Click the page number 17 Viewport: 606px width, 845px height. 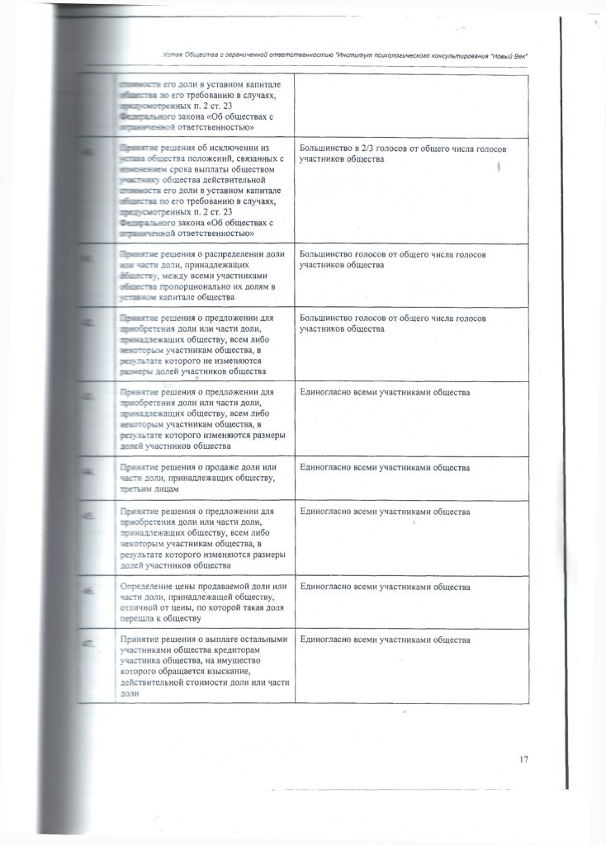pyautogui.click(x=524, y=759)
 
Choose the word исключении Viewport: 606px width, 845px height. pyautogui.click(x=235, y=148)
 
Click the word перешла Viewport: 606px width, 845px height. pyautogui.click(x=138, y=619)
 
